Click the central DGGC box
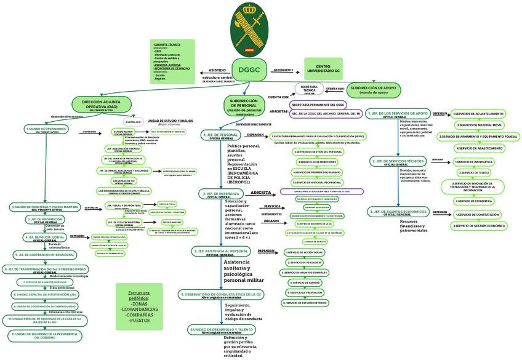tap(250, 70)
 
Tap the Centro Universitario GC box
tap(323, 69)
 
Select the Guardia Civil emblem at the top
tap(249, 28)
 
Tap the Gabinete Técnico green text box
tap(172, 61)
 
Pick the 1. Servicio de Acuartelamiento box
tap(478, 114)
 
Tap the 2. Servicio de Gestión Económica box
tap(480, 226)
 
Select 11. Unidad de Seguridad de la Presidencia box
tap(44, 335)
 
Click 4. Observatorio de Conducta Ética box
tap(221, 295)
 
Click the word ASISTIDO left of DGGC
tap(217, 71)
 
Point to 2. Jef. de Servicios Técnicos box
tap(398, 161)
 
